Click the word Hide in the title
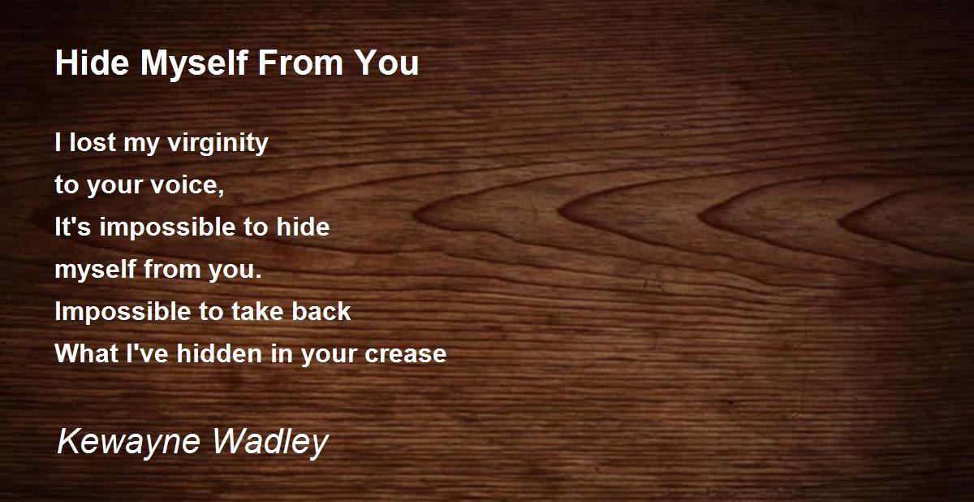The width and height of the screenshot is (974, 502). tap(93, 63)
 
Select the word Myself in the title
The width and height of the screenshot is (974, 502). tap(194, 64)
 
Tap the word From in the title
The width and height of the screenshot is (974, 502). tap(300, 63)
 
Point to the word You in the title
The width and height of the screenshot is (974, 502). tap(386, 63)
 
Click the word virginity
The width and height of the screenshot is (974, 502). tap(218, 143)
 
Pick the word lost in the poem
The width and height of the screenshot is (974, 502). tap(93, 142)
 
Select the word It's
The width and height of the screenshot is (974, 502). tap(72, 227)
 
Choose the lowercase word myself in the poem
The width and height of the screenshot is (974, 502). tap(95, 270)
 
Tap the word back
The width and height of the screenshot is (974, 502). tap(321, 311)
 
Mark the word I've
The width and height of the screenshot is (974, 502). tap(147, 353)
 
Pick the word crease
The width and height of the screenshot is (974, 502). tap(405, 355)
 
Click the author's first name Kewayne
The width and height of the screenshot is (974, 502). tap(129, 443)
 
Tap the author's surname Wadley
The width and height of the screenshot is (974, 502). tap(270, 443)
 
